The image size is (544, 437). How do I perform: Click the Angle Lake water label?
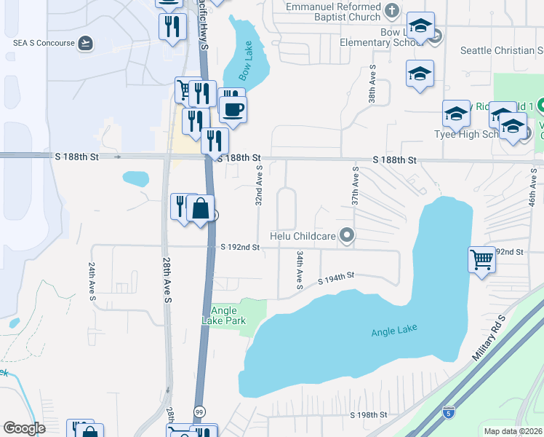(394, 331)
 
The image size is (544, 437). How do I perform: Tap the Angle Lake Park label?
(224, 315)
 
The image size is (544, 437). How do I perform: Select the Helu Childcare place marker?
(348, 235)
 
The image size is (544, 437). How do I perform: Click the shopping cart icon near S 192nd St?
(481, 259)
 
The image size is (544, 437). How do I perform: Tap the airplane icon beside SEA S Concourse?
(87, 43)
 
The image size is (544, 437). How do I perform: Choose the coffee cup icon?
(233, 109)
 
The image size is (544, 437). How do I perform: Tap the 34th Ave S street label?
(299, 269)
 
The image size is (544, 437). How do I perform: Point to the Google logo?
(25, 428)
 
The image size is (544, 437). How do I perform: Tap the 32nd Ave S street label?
(258, 185)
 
